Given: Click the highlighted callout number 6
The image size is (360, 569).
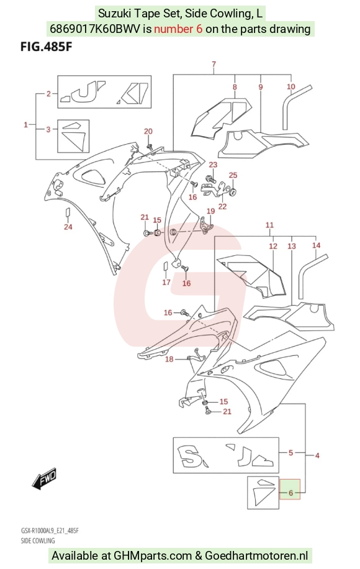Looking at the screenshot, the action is pos(290,493).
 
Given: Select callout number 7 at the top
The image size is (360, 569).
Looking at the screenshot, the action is pos(214,64).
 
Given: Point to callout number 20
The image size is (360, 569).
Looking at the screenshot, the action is pos(148,131).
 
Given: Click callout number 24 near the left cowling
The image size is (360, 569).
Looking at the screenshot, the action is pos(68,227).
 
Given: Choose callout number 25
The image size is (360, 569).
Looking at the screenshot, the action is pos(233,175).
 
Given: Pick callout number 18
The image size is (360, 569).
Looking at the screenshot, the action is pos(169,359).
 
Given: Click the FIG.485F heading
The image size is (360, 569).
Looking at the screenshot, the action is pos(46,47).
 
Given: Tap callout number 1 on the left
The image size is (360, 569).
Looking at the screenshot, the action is pos(25,125).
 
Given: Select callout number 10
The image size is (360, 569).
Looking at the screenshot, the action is pos(291,86).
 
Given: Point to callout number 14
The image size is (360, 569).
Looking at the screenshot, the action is pos(317,245).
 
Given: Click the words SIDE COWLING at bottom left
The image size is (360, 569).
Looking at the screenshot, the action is pos(38,540).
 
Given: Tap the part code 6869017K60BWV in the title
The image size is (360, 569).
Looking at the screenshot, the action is pos(94,29).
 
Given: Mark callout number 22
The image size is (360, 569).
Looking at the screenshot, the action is pos(223,206).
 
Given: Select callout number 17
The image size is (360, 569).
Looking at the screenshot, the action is pos(166,282).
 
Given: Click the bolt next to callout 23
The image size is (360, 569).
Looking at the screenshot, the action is pos(210,178).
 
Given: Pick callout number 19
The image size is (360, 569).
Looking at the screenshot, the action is pos(211,211).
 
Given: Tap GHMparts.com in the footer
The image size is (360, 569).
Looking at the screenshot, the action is pos(153,555).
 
